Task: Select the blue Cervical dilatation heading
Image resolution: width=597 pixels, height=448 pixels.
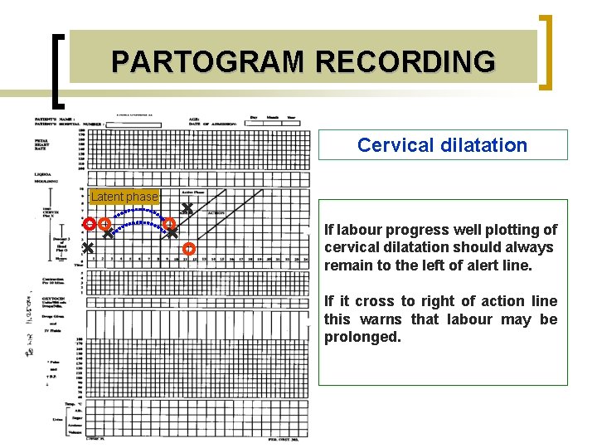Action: (442, 145)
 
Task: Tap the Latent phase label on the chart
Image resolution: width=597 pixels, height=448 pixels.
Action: (124, 197)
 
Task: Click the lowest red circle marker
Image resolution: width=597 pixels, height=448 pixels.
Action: (188, 248)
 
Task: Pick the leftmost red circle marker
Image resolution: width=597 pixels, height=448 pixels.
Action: (90, 224)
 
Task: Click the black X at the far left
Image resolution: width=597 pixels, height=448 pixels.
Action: (87, 248)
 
